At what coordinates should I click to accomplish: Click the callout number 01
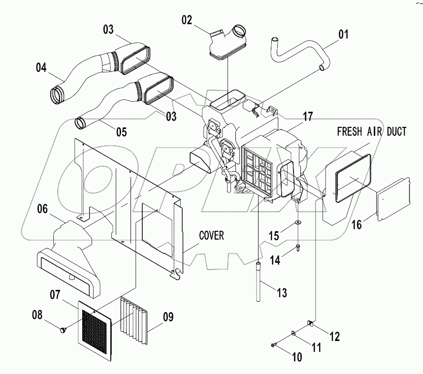coord(343,35)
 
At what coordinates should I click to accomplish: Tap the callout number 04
coord(41,67)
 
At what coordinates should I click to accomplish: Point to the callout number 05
coord(121,131)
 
